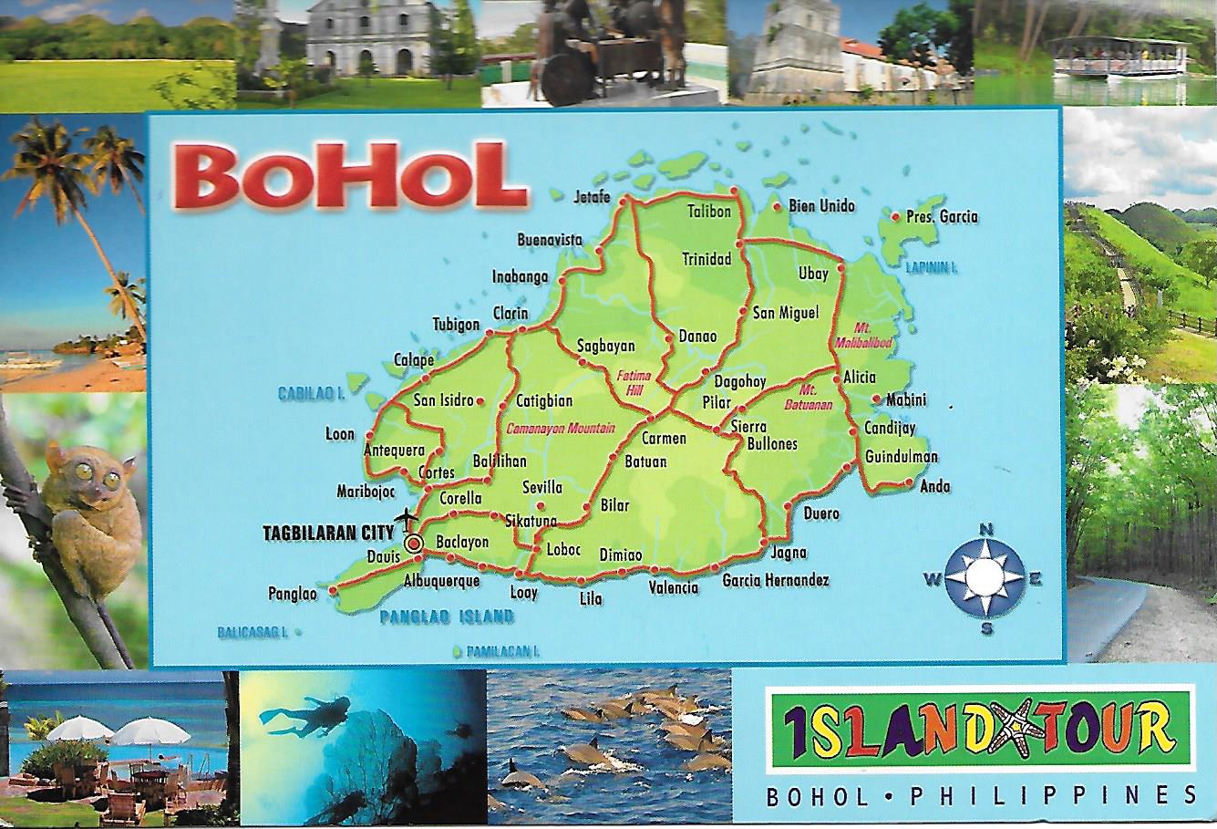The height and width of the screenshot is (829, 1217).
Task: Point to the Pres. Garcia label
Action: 942,216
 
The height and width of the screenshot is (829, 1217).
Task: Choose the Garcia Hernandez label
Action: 775,580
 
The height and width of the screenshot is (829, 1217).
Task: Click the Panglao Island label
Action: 446,617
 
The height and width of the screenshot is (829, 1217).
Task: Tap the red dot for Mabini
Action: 875,399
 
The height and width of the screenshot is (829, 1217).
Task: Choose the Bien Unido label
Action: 821,206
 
